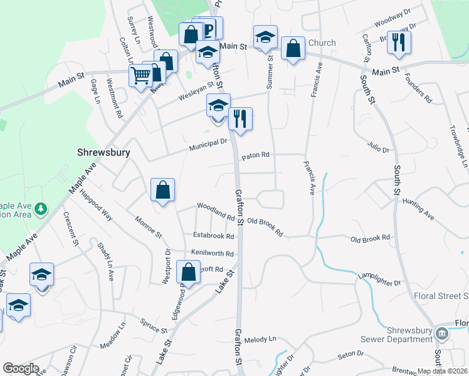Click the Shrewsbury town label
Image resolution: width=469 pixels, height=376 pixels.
click(103, 152)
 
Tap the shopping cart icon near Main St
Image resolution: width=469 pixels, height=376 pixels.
click(141, 76)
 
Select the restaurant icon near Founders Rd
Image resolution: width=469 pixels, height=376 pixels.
click(398, 43)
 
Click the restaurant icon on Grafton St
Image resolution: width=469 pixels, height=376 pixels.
click(240, 118)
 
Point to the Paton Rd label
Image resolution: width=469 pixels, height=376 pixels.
click(256, 155)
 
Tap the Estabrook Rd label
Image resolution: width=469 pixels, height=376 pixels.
click(213, 236)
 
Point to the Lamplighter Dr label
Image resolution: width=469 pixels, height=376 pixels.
click(379, 279)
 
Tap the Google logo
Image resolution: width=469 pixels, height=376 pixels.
click(21, 368)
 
